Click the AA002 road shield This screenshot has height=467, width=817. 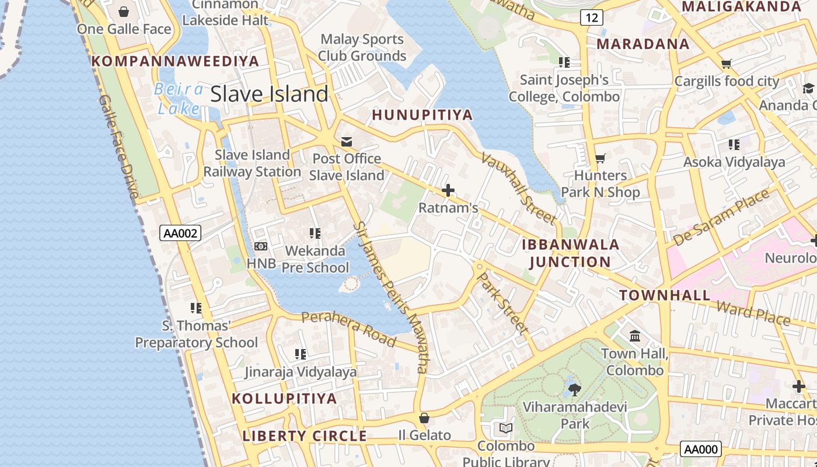point(180,233)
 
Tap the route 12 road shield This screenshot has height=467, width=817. point(591,18)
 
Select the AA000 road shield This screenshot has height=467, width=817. point(700,449)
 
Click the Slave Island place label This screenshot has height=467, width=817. point(269,94)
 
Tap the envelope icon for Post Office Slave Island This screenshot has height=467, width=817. point(347,142)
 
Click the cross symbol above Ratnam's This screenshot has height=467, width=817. point(448,190)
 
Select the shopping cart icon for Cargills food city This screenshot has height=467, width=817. point(726,64)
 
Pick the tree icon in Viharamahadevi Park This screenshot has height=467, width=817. point(575,389)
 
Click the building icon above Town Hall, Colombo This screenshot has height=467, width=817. point(635,336)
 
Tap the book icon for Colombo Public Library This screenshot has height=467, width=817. point(506,428)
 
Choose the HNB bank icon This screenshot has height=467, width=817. point(261,246)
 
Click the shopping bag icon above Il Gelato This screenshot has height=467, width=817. point(424,418)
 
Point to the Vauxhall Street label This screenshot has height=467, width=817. point(518,188)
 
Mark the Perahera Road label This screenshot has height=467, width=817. point(349,329)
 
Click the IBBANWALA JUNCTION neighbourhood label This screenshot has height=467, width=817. point(570,253)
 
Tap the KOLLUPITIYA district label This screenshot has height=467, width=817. point(284,399)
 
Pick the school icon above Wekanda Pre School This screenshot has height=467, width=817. point(315,233)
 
